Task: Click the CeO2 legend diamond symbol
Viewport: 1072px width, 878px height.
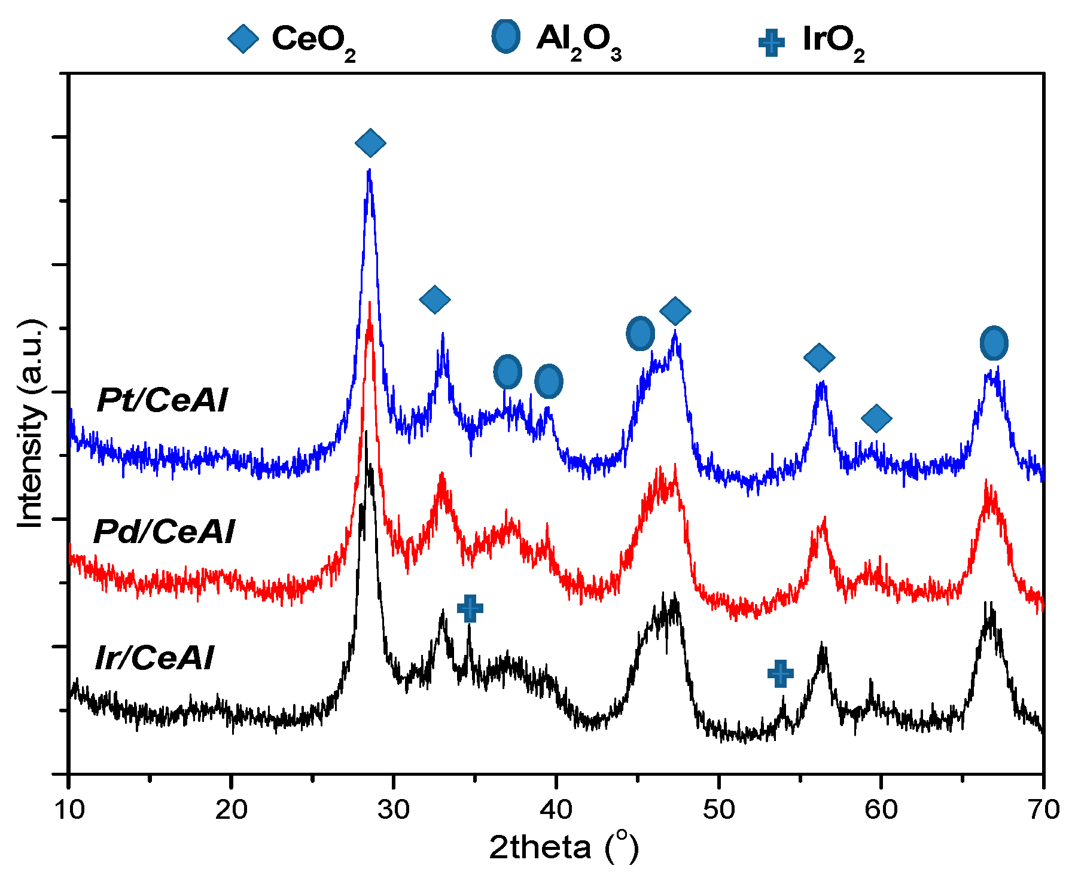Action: (243, 39)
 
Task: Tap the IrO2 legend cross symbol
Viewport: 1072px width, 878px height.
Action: (771, 42)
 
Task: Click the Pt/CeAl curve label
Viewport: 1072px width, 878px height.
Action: (162, 400)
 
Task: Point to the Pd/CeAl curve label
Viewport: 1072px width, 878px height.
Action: (164, 531)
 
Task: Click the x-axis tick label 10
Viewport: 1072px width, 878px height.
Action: (69, 810)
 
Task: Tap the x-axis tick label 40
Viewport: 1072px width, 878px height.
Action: (556, 810)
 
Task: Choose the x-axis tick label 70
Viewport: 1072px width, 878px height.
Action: (1043, 810)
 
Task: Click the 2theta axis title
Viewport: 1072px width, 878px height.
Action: (564, 847)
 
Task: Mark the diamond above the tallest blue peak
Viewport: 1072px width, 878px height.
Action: (370, 142)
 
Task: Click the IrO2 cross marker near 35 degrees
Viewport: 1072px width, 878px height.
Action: (470, 608)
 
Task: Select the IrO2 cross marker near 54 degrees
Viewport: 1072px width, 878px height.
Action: (781, 673)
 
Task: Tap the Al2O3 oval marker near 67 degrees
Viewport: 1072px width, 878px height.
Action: (994, 343)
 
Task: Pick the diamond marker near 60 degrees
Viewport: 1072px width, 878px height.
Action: (876, 417)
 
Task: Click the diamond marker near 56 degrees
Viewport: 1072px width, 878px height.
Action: (819, 357)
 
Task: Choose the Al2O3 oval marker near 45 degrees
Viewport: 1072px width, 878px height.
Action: (640, 334)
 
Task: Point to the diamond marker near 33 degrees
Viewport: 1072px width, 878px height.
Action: (435, 299)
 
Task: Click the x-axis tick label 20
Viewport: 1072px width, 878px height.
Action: (232, 810)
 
